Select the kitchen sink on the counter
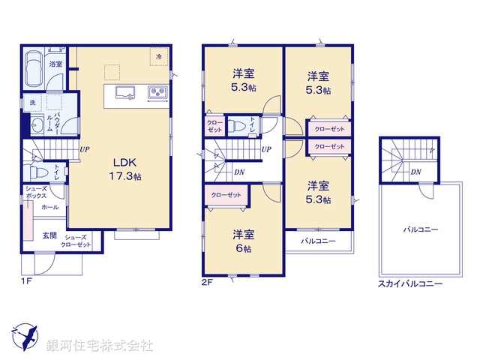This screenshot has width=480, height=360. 124,92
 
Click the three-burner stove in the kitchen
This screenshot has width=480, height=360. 158,92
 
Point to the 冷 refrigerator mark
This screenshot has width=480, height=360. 159,56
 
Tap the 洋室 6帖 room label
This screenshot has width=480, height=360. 241,239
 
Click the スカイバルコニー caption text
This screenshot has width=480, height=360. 409,285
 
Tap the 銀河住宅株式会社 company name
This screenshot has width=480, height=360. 100,346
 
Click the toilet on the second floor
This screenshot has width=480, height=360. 235,126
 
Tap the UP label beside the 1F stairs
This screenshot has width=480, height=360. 85,149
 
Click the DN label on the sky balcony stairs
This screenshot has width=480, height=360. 415,172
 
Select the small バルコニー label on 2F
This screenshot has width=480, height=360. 318,241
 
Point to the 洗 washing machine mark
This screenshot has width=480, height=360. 33,101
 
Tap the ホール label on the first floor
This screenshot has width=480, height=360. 50,206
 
